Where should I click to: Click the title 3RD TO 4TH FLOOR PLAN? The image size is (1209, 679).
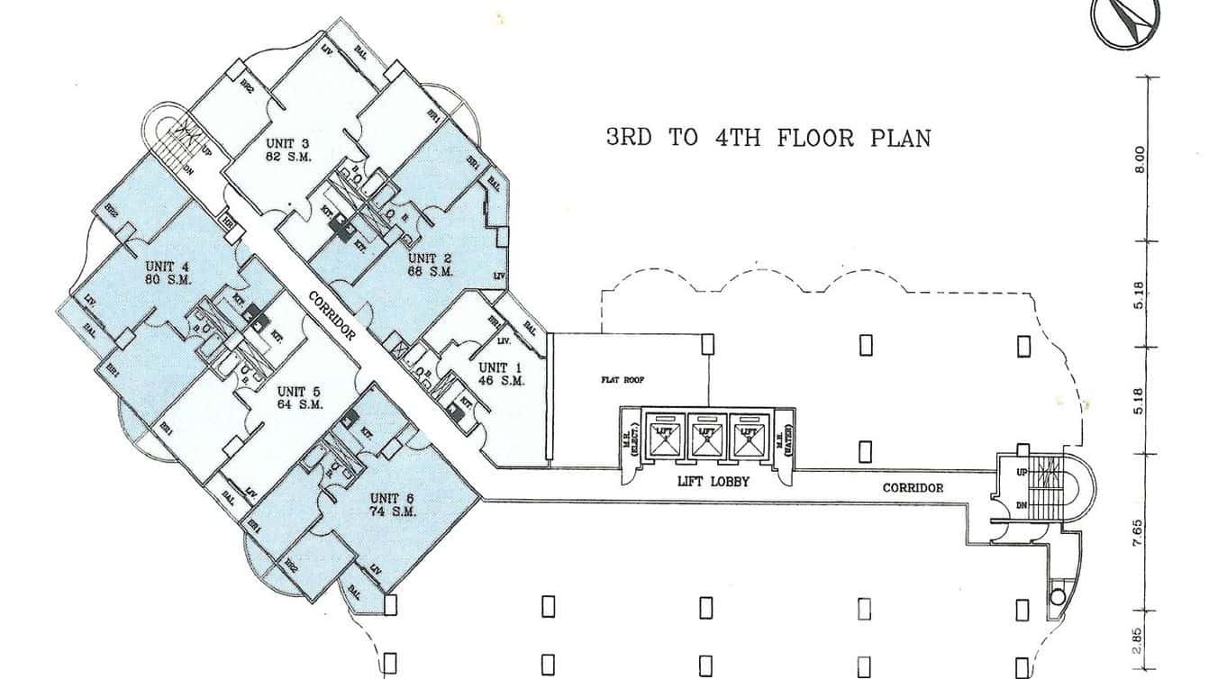768,138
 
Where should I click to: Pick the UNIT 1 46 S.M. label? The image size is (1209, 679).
501,374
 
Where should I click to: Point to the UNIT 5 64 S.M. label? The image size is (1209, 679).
300,397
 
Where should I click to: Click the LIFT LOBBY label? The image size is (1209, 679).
714,481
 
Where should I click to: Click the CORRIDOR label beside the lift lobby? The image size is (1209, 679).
913,487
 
